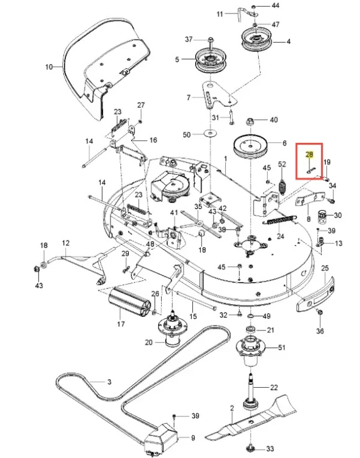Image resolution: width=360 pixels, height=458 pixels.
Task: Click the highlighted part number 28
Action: (309, 154)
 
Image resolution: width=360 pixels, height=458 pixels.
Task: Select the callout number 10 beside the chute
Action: (49, 67)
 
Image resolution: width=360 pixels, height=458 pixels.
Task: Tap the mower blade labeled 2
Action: (251, 418)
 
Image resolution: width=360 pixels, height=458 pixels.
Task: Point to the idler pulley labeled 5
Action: (211, 61)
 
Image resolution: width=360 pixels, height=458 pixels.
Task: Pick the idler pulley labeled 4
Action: (257, 39)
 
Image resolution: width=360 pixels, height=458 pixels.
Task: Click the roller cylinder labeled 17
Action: (129, 302)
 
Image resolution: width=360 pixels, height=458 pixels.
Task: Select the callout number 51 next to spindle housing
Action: (281, 347)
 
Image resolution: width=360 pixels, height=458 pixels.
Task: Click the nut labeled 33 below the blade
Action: (251, 447)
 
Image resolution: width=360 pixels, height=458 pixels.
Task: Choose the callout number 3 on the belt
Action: (109, 382)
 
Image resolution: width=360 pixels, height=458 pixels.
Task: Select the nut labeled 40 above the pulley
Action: (251, 122)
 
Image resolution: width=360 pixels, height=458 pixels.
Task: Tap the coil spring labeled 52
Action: (282, 187)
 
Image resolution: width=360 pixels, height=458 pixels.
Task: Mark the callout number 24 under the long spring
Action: (280, 236)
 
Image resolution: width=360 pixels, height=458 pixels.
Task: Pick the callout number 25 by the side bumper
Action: (325, 268)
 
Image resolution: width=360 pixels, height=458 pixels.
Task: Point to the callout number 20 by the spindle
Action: (149, 342)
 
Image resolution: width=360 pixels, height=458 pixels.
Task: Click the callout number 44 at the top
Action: (275, 5)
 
